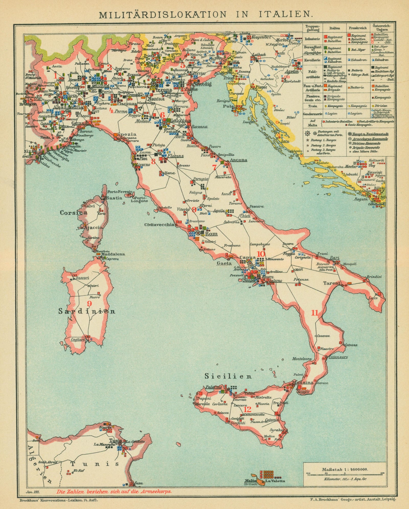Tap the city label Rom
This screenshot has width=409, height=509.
coord(211,234)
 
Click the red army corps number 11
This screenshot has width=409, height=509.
coord(314,313)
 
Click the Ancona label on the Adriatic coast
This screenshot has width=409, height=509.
coord(238,160)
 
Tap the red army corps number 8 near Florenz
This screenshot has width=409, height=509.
coord(153,161)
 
